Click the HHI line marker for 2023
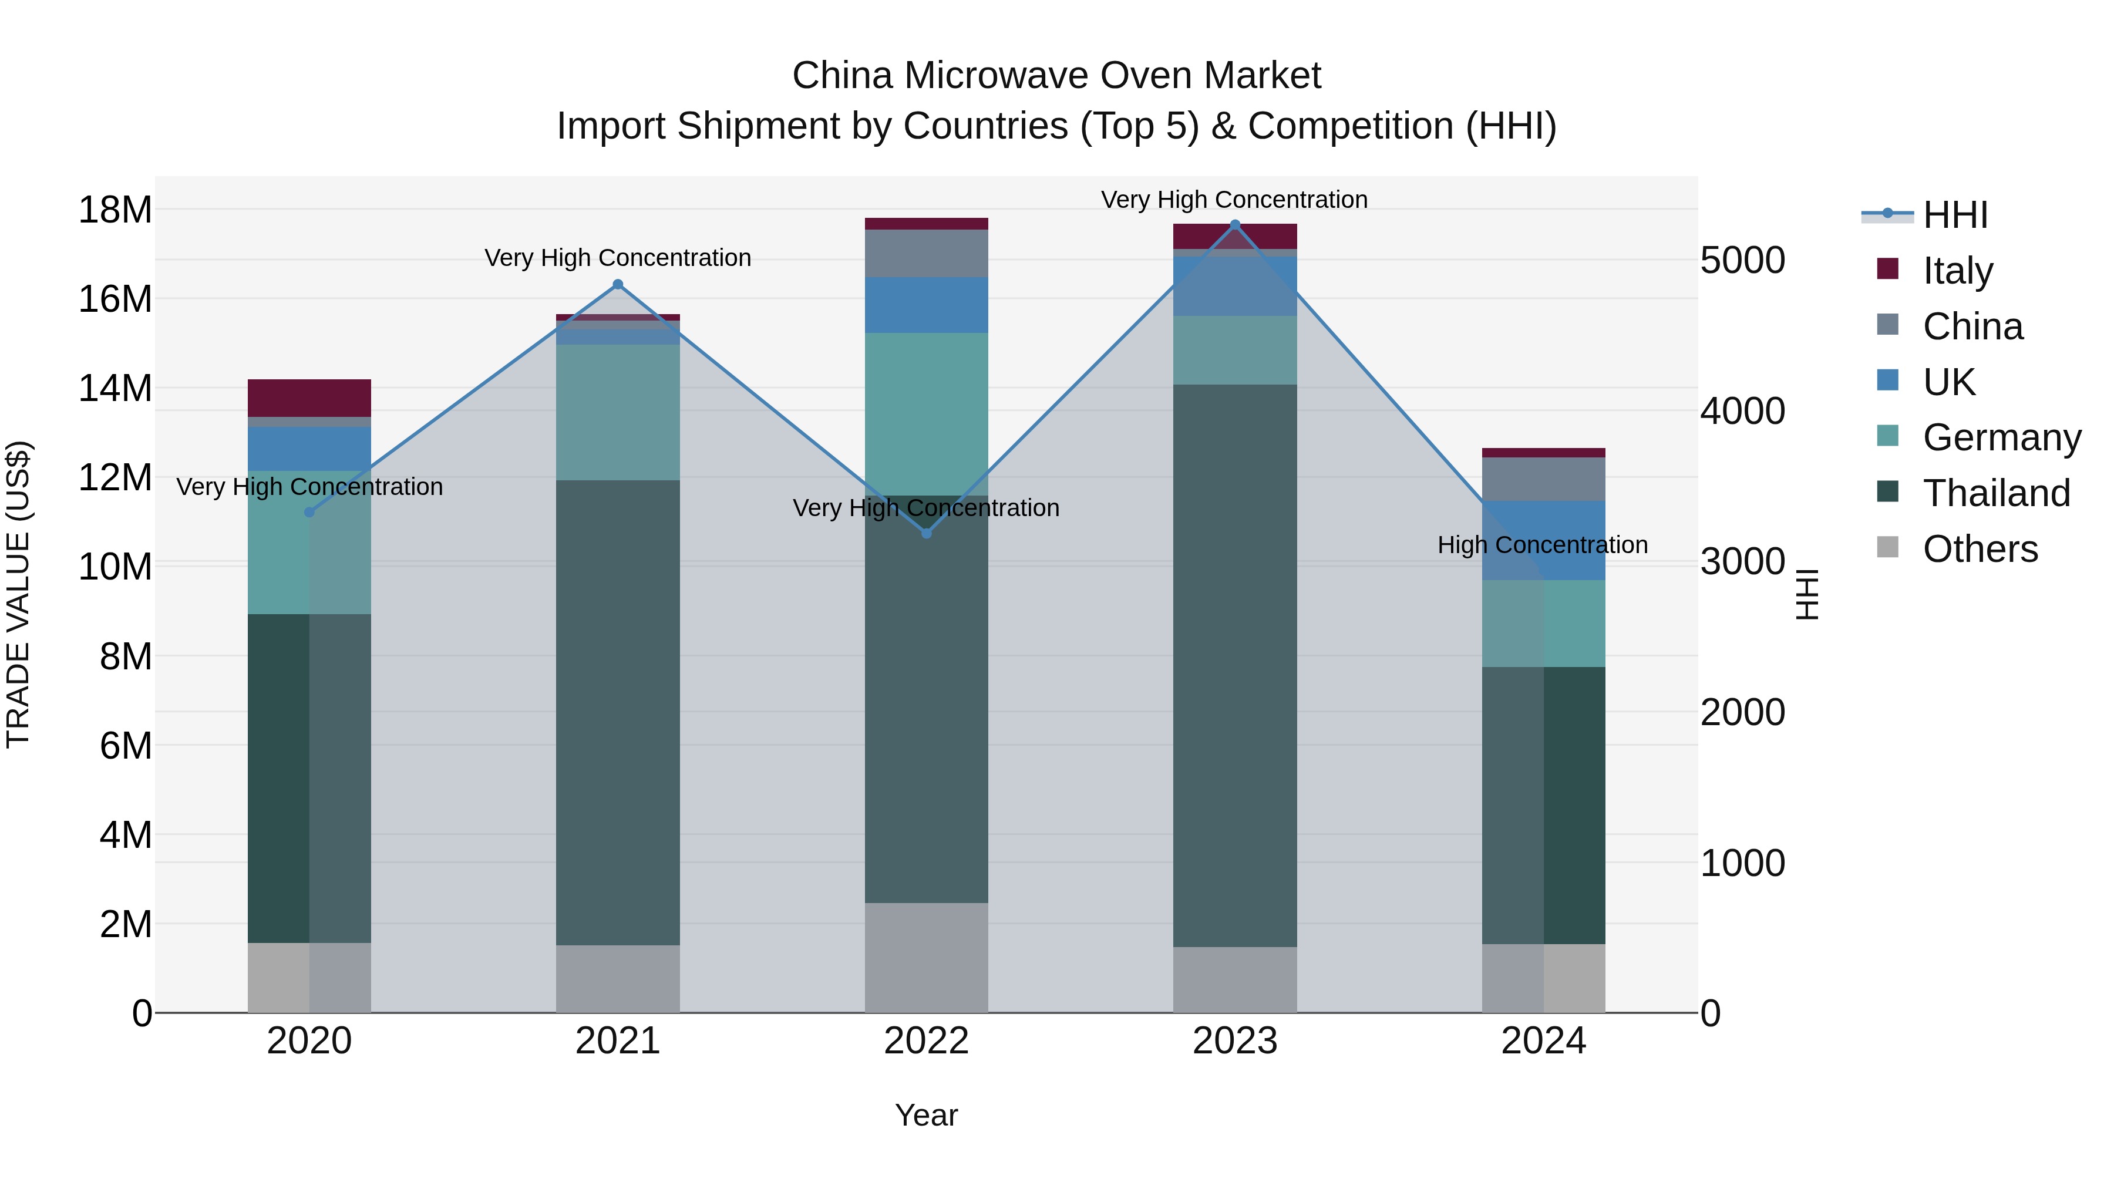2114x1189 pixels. (1235, 224)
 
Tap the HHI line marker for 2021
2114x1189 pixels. (618, 285)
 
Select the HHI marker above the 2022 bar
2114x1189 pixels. (927, 533)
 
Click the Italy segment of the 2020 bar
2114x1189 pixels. (309, 398)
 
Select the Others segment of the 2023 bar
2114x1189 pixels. (1235, 980)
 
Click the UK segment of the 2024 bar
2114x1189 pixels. (1544, 540)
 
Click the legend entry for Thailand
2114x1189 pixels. (1996, 493)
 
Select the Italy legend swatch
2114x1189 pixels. (1887, 269)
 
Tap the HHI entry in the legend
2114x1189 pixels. (1955, 215)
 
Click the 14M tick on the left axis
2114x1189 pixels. (115, 388)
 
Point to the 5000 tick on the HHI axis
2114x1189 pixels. (1742, 260)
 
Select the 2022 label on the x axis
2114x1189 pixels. (927, 1041)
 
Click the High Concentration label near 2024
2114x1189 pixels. (1542, 545)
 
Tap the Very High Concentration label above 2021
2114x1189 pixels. (618, 258)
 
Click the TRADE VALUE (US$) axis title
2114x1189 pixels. (18, 594)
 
